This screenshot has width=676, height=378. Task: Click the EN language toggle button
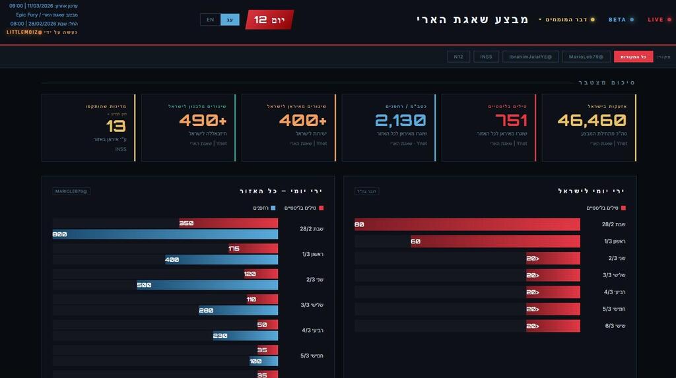210,20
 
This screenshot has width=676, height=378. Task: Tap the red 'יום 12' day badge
269,20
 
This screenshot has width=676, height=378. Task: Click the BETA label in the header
620,20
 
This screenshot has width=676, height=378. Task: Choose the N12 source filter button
458,57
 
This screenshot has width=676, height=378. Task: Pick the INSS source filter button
486,57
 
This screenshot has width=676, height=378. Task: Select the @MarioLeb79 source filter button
586,57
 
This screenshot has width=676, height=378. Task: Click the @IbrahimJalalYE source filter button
531,57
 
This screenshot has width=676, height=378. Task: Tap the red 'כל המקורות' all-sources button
633,57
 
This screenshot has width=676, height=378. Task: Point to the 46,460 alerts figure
591,120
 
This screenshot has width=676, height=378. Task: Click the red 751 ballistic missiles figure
511,120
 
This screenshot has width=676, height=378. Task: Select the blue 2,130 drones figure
401,120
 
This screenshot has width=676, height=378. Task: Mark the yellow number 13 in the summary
116,126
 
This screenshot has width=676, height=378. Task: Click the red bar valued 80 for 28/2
467,224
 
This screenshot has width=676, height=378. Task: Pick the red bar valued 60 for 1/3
495,241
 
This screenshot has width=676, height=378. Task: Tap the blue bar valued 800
165,234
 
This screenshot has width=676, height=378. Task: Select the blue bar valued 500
207,285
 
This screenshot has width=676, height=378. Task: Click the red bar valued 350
228,223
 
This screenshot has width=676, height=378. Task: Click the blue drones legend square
273,208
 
